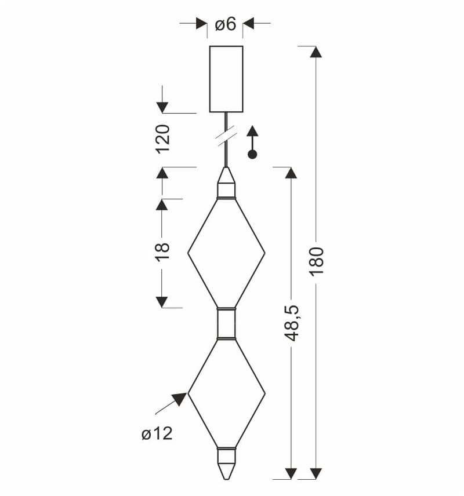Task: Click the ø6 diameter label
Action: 226,24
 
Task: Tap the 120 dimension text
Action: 163,139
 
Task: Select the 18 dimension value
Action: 163,252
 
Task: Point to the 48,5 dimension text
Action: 291,323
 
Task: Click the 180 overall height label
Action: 317,262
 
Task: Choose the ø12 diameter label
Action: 157,433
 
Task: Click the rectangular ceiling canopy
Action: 226,79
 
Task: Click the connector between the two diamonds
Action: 226,323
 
